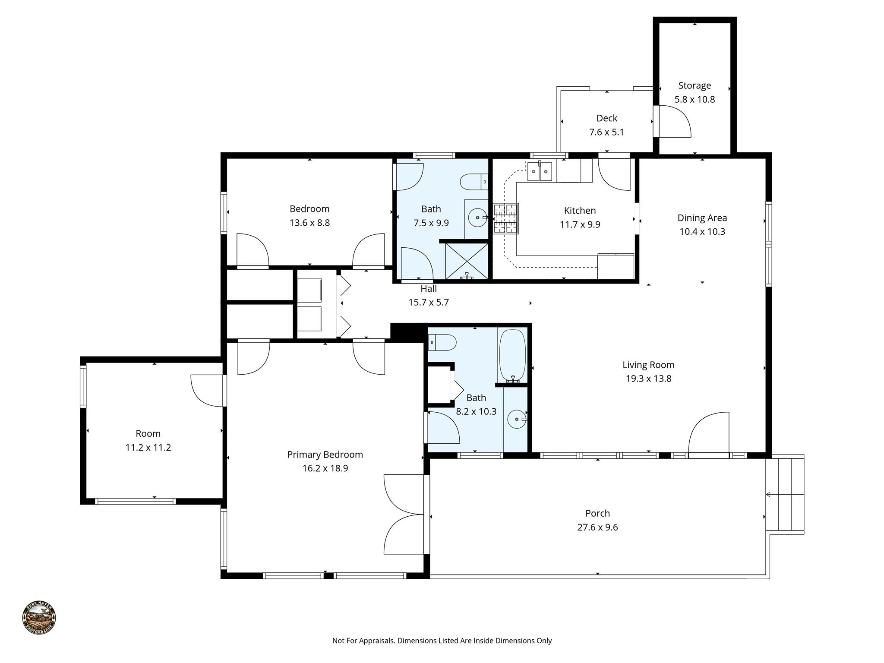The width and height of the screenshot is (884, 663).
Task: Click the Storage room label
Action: tap(694, 85)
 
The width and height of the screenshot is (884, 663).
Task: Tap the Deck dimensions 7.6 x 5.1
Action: tap(606, 132)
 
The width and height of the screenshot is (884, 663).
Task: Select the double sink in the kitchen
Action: tap(540, 172)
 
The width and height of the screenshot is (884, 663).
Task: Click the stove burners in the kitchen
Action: tap(505, 218)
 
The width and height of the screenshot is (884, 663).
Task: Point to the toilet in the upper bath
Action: tap(474, 182)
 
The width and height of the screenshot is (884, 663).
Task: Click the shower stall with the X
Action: tap(467, 261)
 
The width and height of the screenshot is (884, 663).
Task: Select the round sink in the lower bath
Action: tap(516, 419)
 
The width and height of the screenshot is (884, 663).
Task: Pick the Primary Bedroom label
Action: tap(325, 455)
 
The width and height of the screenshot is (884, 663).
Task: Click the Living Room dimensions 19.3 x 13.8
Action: tap(648, 379)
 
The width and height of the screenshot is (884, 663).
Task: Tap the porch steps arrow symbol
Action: tap(769, 495)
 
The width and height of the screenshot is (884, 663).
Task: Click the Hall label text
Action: tap(429, 289)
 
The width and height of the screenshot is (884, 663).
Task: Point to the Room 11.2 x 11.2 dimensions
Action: tap(148, 448)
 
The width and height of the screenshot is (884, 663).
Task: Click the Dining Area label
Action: tap(702, 218)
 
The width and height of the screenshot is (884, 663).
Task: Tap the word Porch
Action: tap(597, 513)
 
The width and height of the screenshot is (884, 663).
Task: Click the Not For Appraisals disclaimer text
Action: tap(442, 641)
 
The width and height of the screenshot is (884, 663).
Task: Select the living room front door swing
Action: tap(708, 434)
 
